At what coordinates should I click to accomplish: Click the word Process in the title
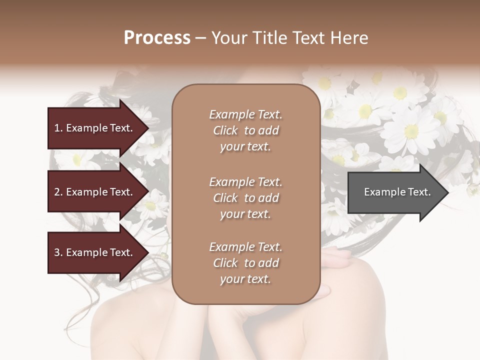[157, 38]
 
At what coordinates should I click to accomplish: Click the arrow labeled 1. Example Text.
[95, 128]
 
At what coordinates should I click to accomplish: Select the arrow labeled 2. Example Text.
[95, 192]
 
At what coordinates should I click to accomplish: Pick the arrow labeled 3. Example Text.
[95, 252]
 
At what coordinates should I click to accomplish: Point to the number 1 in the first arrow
[57, 128]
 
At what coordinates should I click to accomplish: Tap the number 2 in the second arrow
[57, 192]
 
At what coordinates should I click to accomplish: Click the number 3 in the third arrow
[57, 252]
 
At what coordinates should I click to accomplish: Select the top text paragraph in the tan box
[245, 130]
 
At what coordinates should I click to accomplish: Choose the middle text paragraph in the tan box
[245, 198]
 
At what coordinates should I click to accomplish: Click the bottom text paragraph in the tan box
[245, 263]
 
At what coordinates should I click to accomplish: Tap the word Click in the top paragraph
[225, 130]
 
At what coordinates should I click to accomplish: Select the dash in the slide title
[201, 38]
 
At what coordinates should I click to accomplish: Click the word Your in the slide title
[229, 38]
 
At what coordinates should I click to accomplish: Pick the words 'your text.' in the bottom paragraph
[245, 279]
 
